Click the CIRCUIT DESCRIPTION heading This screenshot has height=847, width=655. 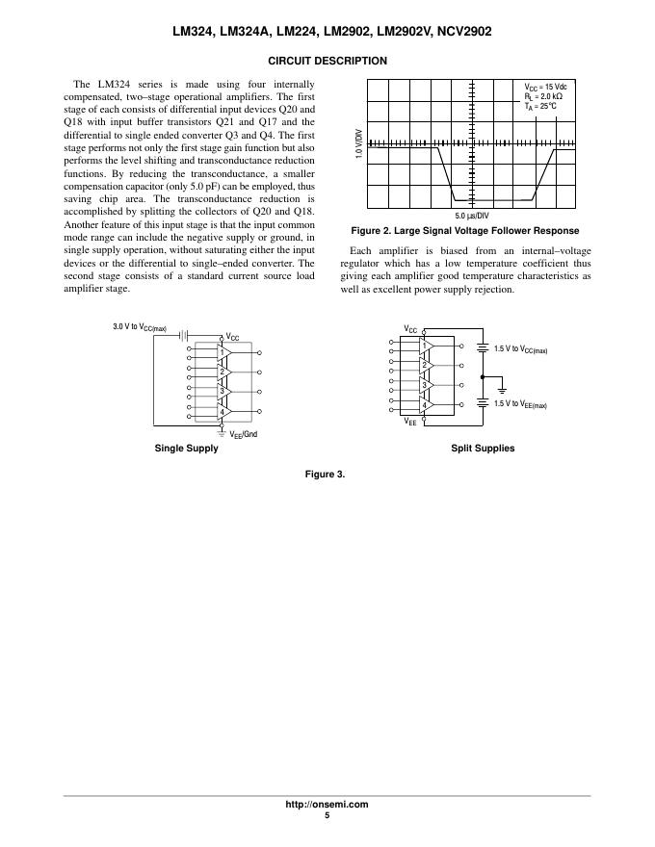(x=327, y=61)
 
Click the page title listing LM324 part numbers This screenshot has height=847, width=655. (x=327, y=31)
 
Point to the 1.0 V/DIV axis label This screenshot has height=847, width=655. (x=358, y=144)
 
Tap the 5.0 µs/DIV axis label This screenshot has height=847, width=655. (x=472, y=216)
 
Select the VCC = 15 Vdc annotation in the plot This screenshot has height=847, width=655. (x=545, y=87)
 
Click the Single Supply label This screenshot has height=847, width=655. (x=186, y=449)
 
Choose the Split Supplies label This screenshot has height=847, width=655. (x=483, y=449)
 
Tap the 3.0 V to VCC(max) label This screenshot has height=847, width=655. (x=140, y=329)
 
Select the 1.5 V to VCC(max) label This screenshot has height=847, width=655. (x=520, y=350)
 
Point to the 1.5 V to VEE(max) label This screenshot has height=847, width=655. (x=520, y=405)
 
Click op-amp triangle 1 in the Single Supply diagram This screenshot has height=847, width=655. (x=222, y=352)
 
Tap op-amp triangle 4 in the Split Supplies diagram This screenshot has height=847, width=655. (x=424, y=405)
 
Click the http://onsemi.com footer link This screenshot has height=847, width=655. (x=327, y=805)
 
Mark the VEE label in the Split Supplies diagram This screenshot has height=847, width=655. (x=409, y=422)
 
